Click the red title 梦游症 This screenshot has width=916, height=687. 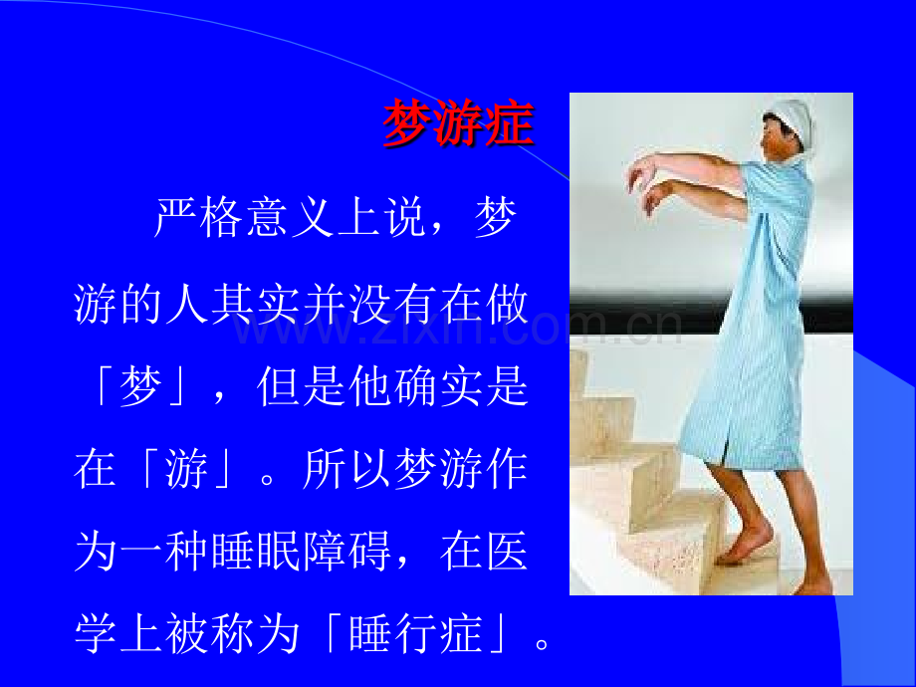458,122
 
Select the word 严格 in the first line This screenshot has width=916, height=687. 198,218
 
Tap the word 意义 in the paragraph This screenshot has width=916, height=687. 290,218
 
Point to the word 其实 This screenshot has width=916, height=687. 256,304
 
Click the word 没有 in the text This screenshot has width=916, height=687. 393,304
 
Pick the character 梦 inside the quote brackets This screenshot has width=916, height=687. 140,386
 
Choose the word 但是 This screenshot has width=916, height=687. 302,386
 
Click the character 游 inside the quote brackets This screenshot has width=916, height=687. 187,469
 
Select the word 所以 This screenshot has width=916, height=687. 347,469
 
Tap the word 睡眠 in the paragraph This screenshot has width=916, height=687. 256,551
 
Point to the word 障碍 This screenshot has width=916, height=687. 347,551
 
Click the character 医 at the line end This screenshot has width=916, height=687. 507,551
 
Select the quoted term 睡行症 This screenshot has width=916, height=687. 416,634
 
